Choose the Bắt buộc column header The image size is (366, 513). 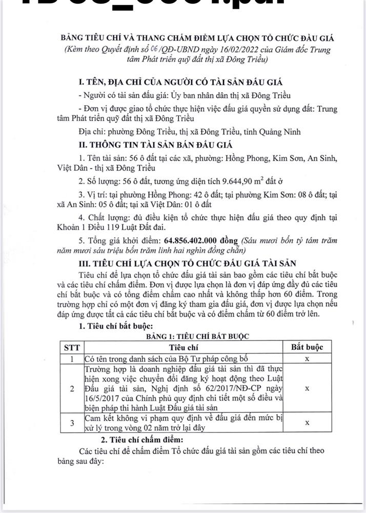coord(307,347)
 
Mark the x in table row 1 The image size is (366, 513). coord(307,359)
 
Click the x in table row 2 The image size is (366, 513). coord(307,388)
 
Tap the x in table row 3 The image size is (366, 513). coord(307,423)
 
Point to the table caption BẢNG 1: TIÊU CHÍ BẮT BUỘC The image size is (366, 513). coord(190,336)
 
